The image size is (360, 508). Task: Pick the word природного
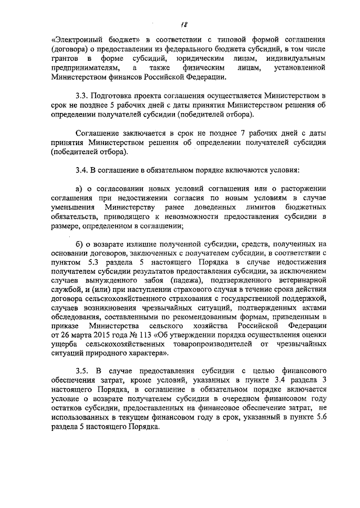pyautogui.click(x=98, y=356)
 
